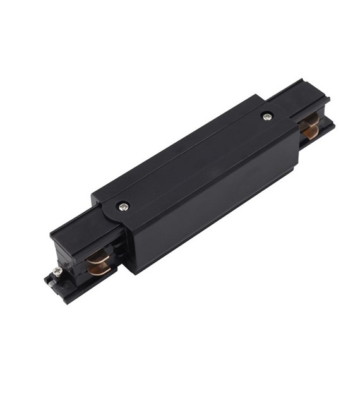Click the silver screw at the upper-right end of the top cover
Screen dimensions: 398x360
click(x=267, y=116)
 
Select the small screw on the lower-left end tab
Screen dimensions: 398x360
click(x=58, y=270)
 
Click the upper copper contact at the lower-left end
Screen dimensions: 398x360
click(x=99, y=257)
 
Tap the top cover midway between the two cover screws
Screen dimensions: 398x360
click(x=195, y=161)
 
